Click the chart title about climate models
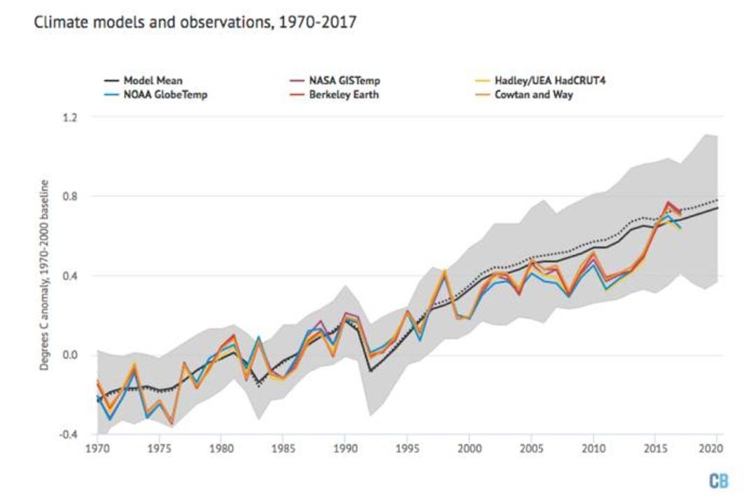(x=195, y=22)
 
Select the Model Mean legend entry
(x=143, y=81)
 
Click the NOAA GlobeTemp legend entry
(x=155, y=95)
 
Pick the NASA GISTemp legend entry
(x=335, y=81)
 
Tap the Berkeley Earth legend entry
(x=334, y=95)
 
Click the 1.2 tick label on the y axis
(x=70, y=117)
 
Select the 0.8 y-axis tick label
(x=70, y=196)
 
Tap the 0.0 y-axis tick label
(x=70, y=355)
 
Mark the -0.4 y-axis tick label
(x=68, y=435)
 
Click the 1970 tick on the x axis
(x=98, y=449)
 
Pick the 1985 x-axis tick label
(x=283, y=449)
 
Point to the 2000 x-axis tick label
(x=470, y=449)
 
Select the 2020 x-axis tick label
(x=711, y=449)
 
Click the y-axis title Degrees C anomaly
(x=44, y=275)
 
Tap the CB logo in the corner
(x=718, y=481)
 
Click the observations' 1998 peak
(x=444, y=271)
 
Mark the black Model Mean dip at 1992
(x=370, y=371)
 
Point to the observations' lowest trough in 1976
(x=172, y=424)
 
